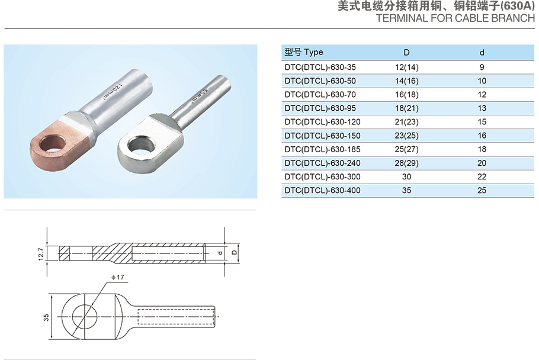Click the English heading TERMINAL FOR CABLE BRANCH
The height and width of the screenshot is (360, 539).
(455, 18)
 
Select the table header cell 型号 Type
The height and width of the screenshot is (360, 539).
(304, 52)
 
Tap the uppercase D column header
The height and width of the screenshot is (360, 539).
(407, 53)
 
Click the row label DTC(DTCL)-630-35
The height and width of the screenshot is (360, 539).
(320, 67)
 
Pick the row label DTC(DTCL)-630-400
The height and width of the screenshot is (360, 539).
(322, 190)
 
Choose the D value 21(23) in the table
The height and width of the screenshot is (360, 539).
(407, 122)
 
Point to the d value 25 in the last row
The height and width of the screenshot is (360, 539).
(482, 190)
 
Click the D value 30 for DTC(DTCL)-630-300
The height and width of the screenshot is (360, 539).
(407, 176)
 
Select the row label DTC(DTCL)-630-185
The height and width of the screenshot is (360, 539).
(322, 149)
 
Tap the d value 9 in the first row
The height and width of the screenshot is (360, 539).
(482, 67)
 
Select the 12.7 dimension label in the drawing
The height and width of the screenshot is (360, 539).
(41, 254)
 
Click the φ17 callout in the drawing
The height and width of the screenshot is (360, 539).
(117, 277)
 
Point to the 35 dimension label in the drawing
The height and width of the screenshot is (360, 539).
(46, 317)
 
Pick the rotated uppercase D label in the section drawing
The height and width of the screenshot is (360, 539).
(235, 252)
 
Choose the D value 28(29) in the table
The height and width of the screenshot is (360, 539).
(407, 163)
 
